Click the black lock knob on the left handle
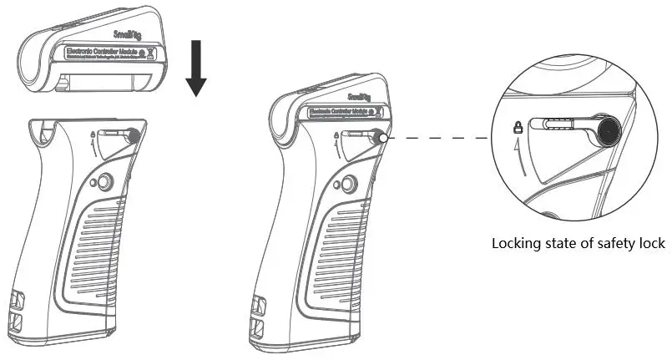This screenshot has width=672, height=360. pos(132,134)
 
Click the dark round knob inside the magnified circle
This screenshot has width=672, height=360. pos(608,130)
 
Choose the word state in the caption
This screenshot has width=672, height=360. pos(558,244)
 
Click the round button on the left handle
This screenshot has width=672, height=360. pos(104,182)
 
